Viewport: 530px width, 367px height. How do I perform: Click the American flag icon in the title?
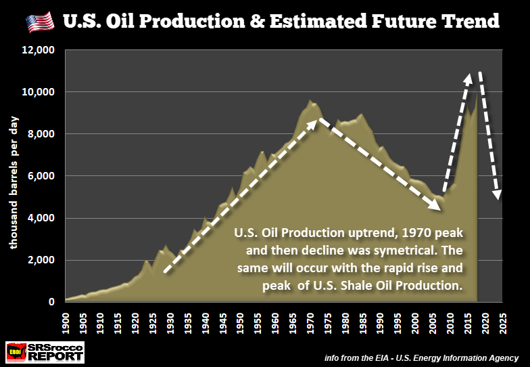pyautogui.click(x=39, y=22)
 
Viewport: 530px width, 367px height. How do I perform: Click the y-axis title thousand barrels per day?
pyautogui.click(x=14, y=182)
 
